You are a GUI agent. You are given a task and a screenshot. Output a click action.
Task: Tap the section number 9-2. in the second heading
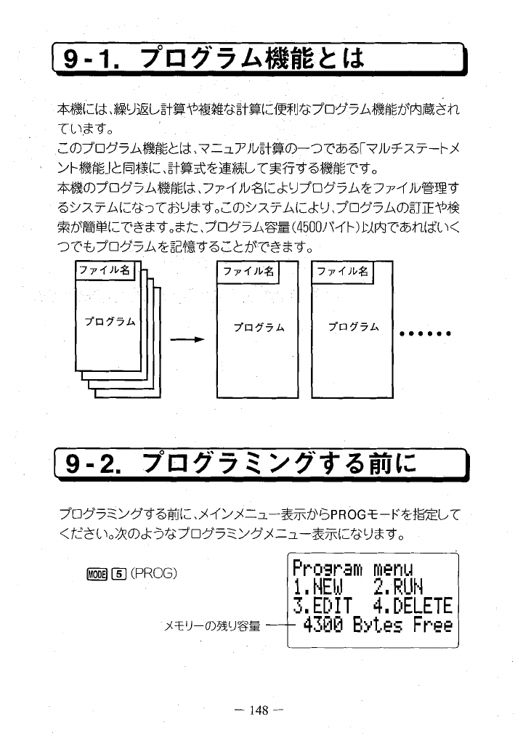[93, 462]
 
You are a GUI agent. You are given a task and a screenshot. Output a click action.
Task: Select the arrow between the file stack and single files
[185, 339]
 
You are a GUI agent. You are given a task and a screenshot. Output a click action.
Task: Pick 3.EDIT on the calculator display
[324, 605]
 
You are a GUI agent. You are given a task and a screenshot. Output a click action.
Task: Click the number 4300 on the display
[325, 625]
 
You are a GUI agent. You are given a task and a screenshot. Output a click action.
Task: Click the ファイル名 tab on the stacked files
[104, 272]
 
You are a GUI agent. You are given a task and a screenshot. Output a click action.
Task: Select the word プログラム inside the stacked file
[105, 320]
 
